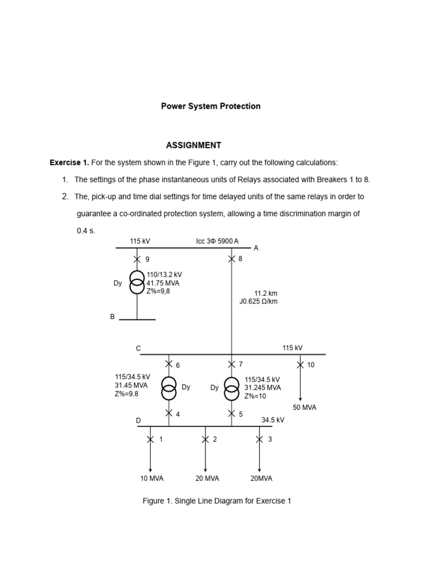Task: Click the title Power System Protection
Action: pyautogui.click(x=210, y=106)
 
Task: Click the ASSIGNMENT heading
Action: pyautogui.click(x=193, y=145)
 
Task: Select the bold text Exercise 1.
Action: pyautogui.click(x=69, y=163)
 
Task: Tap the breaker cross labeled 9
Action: pyautogui.click(x=137, y=259)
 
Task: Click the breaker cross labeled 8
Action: pyautogui.click(x=231, y=258)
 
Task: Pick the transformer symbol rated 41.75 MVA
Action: pyautogui.click(x=137, y=283)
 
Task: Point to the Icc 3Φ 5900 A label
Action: pyautogui.click(x=217, y=241)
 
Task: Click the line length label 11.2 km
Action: pyautogui.click(x=265, y=293)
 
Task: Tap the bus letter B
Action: pyautogui.click(x=113, y=317)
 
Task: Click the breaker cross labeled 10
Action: pyautogui.click(x=300, y=364)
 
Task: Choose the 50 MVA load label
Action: pyautogui.click(x=304, y=408)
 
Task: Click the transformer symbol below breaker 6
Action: pyautogui.click(x=169, y=388)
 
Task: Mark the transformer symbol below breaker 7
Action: pyautogui.click(x=231, y=389)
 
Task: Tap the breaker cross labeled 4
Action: pyautogui.click(x=169, y=413)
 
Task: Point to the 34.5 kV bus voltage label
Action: pyautogui.click(x=273, y=420)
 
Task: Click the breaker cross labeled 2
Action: pyautogui.click(x=205, y=439)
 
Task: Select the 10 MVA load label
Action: pyautogui.click(x=152, y=479)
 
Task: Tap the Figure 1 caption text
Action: pyautogui.click(x=216, y=501)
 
